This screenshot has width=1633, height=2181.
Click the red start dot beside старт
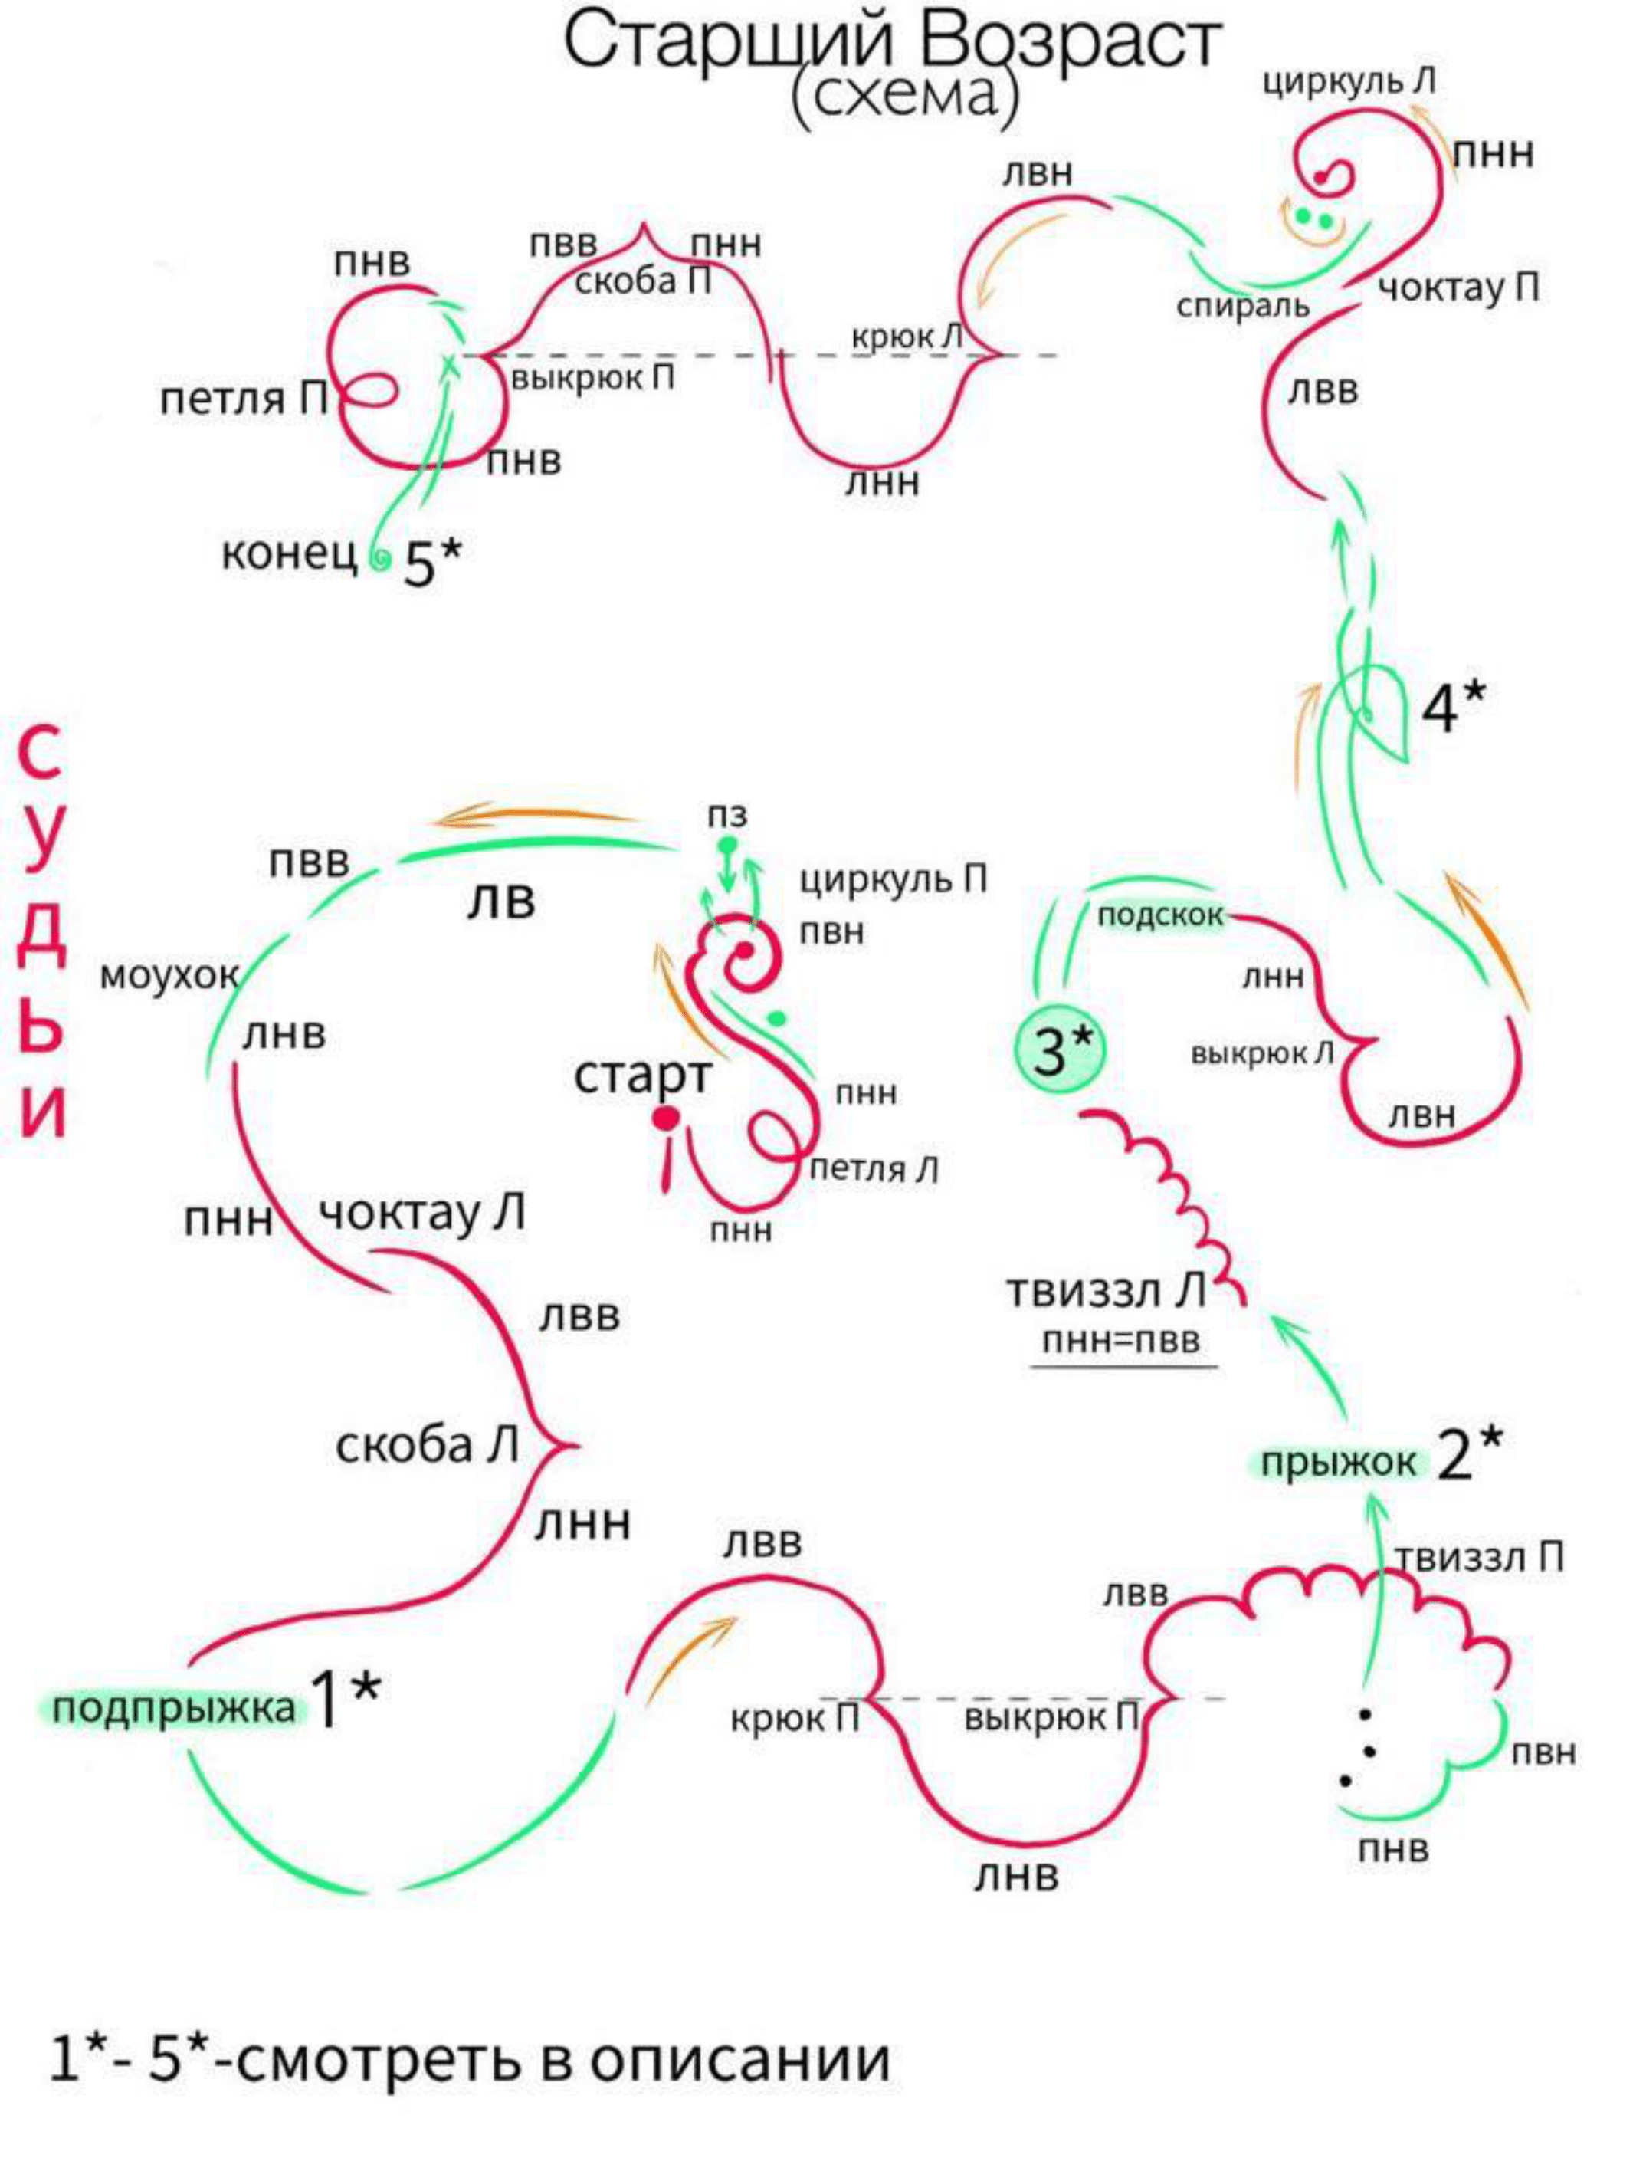[667, 1118]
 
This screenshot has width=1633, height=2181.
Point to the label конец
[289, 554]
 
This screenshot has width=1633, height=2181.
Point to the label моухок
[169, 976]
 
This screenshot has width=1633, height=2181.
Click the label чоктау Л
[421, 1213]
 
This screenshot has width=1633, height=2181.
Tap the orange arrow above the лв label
[532, 816]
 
